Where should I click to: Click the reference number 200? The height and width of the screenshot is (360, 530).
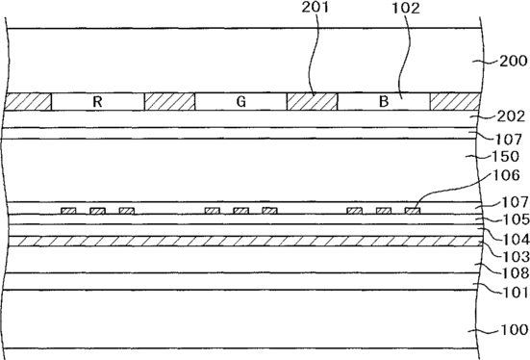tap(513, 62)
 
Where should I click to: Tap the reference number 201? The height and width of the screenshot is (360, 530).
tap(315, 7)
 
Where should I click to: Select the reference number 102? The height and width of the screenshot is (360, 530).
tap(406, 8)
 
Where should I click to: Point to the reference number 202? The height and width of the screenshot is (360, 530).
tap(511, 116)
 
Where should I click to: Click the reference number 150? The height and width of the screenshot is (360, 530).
tap(506, 156)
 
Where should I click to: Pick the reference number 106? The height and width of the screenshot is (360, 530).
tap(506, 175)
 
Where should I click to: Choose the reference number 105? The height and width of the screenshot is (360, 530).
tap(517, 219)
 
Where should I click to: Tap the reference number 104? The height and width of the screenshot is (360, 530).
tap(517, 240)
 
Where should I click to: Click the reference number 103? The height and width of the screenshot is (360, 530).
tap(517, 257)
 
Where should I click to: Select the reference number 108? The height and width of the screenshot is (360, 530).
tap(517, 273)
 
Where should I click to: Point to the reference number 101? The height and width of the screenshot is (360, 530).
tap(517, 293)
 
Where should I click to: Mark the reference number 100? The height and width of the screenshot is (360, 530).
tap(514, 329)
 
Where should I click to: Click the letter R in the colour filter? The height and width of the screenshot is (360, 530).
tap(97, 101)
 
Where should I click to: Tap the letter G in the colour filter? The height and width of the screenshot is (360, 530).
tap(240, 101)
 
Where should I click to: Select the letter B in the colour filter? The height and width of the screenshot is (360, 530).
tap(384, 101)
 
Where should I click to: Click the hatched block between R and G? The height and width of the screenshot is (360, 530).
tap(169, 101)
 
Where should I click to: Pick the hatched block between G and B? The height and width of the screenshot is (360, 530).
tap(312, 101)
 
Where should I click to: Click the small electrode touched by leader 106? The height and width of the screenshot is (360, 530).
tap(413, 211)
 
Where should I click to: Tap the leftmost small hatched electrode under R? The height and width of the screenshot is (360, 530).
tap(68, 211)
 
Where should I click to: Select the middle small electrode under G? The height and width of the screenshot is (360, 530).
tap(241, 211)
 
